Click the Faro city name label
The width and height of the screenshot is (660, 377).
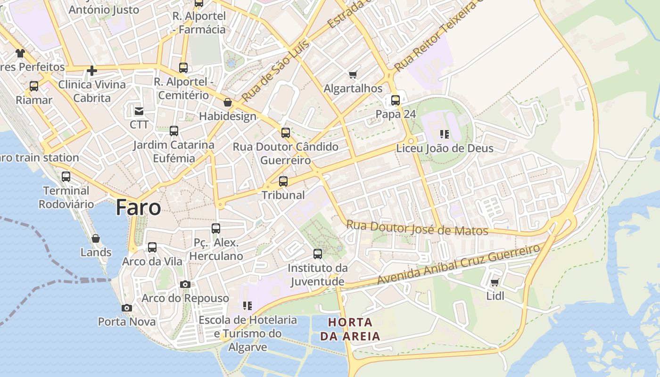[x=138, y=207]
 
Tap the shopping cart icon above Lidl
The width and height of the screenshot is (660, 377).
[x=495, y=282]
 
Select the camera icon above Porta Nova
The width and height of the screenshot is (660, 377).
[x=126, y=308]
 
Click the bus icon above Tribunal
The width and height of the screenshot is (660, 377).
[x=283, y=181]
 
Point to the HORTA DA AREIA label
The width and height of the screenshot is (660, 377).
[x=350, y=329]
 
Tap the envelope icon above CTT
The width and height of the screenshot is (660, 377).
[x=139, y=111]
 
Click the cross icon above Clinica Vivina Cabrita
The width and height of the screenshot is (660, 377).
[x=92, y=71]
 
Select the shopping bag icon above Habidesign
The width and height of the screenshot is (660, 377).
[x=228, y=102]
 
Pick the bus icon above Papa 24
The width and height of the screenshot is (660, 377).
[x=395, y=100]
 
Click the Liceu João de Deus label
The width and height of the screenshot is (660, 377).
[x=445, y=148]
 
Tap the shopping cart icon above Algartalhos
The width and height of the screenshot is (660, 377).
[x=353, y=74]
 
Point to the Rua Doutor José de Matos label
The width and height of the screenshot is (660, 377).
[x=417, y=228]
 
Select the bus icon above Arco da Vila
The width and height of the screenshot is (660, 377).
[x=152, y=247]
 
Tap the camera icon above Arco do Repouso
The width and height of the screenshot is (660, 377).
[x=185, y=284]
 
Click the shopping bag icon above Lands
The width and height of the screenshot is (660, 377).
[x=96, y=238]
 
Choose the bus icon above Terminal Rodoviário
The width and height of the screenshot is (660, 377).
[x=66, y=177]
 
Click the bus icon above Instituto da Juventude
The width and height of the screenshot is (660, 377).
[x=318, y=254]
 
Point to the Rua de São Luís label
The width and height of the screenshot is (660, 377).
[x=276, y=71]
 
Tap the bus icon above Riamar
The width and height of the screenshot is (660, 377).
[x=34, y=86]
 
